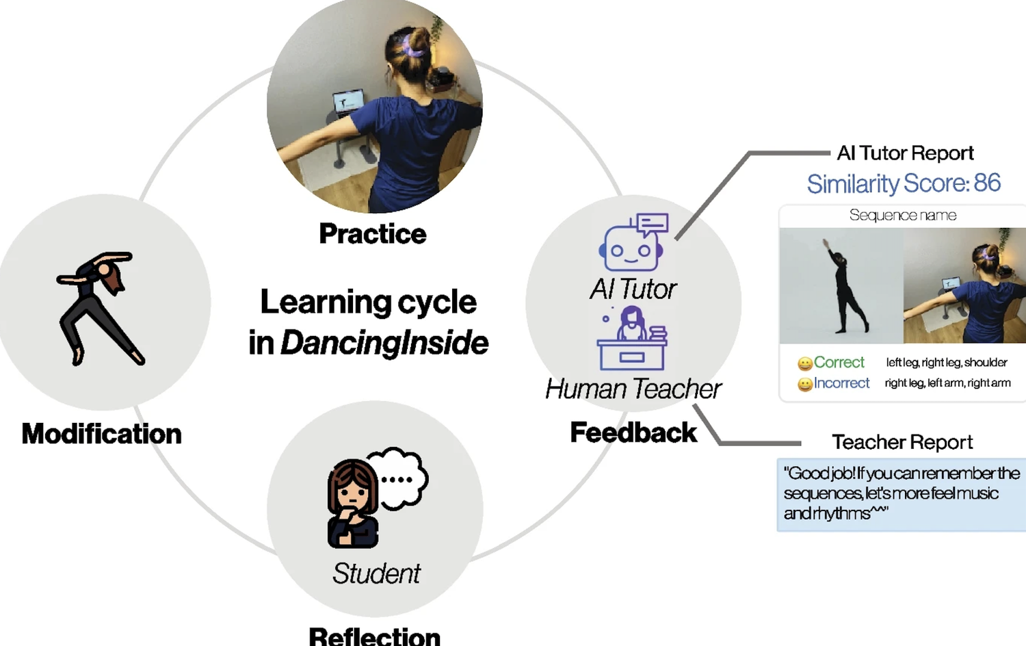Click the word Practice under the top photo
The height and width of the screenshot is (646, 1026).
372,234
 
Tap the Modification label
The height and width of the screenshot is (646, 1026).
101,434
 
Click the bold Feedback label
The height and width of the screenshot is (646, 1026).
633,432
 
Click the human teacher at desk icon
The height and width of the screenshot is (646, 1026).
632,338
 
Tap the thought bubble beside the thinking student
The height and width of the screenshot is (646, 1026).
401,478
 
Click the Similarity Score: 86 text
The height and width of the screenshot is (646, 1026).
903,183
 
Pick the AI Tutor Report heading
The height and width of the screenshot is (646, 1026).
905,153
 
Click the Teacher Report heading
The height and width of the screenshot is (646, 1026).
902,442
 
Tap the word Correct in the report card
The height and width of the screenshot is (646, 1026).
839,362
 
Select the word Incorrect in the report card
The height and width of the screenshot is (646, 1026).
841,383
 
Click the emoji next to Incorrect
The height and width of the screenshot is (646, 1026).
805,385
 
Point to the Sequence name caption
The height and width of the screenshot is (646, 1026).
902,216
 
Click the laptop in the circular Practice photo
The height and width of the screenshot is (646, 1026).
347,101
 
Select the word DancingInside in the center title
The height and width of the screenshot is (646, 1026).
384,343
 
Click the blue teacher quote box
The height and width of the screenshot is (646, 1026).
901,494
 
